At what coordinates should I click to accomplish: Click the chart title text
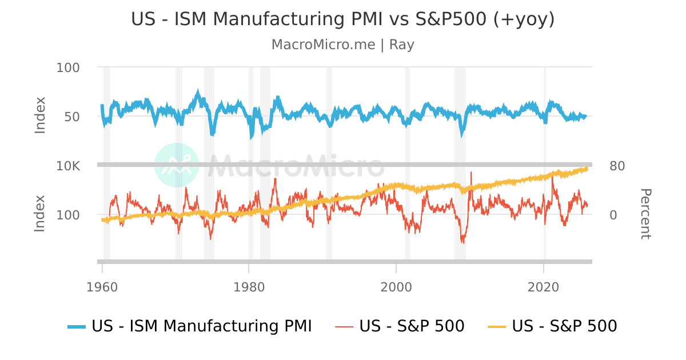pyautogui.click(x=343, y=19)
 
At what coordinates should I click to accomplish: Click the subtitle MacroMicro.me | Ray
pyautogui.click(x=343, y=45)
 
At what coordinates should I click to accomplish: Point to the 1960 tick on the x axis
pyautogui.click(x=102, y=286)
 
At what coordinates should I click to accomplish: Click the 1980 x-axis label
pyautogui.click(x=249, y=286)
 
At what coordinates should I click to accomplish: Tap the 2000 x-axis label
pyautogui.click(x=396, y=286)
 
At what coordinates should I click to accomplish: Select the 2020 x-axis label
pyautogui.click(x=543, y=286)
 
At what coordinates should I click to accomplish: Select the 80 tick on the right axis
pyautogui.click(x=617, y=166)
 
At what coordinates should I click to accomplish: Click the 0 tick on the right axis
pyautogui.click(x=613, y=215)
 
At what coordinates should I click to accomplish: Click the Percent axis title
pyautogui.click(x=645, y=214)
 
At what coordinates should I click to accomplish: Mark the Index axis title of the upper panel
pyautogui.click(x=39, y=115)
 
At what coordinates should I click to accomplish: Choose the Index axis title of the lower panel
pyautogui.click(x=39, y=214)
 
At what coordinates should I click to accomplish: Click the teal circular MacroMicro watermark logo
pyautogui.click(x=177, y=165)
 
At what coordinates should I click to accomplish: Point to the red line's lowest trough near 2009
pyautogui.click(x=463, y=243)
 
